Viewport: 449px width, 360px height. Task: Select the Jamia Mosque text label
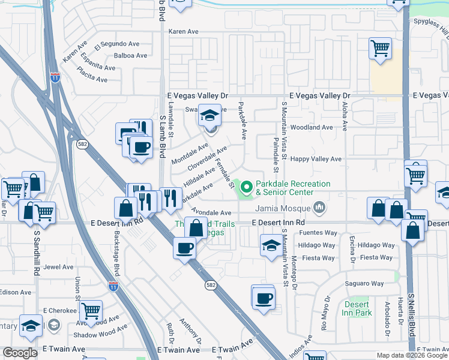(x=285, y=208)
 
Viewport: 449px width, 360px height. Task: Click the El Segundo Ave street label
(x=116, y=44)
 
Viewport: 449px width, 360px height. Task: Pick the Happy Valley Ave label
(x=316, y=159)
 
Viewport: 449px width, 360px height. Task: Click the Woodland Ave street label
(x=311, y=127)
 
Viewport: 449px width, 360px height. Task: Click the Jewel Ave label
(x=58, y=267)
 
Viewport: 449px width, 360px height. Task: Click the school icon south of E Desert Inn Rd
(x=271, y=245)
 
